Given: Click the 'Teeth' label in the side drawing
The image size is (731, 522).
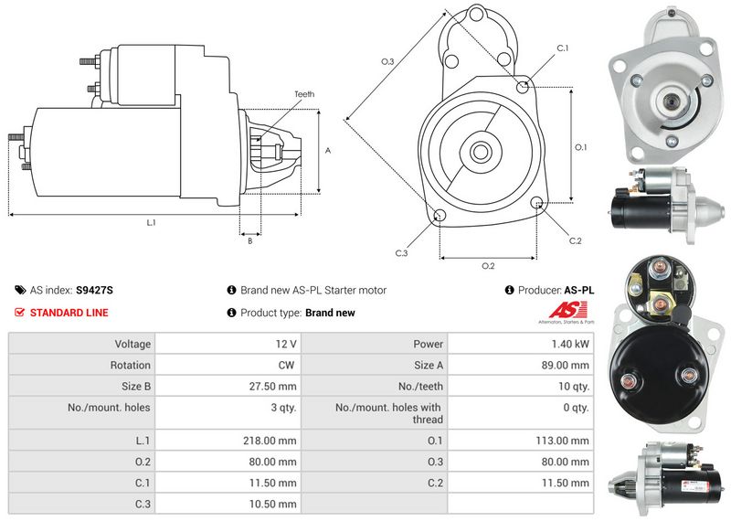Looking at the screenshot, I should [x=304, y=94].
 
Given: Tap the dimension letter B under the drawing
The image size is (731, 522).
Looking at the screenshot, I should [x=249, y=241].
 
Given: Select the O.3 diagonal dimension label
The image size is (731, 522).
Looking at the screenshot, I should [x=387, y=62].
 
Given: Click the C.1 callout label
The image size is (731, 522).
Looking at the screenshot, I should [x=563, y=48].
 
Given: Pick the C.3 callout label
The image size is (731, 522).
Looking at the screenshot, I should [x=401, y=253].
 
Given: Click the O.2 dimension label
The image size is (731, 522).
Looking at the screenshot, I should [x=488, y=266].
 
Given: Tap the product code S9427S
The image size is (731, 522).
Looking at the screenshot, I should [x=94, y=290].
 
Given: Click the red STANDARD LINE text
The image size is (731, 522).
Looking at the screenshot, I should [x=69, y=313].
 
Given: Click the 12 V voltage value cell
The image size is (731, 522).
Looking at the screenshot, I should [x=285, y=345].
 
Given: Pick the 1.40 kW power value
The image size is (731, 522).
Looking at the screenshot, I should [x=570, y=345].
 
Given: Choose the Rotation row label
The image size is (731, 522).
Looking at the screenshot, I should [x=131, y=366].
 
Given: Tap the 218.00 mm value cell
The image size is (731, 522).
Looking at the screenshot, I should [x=272, y=440].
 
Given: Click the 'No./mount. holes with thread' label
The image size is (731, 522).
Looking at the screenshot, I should [x=388, y=413].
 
